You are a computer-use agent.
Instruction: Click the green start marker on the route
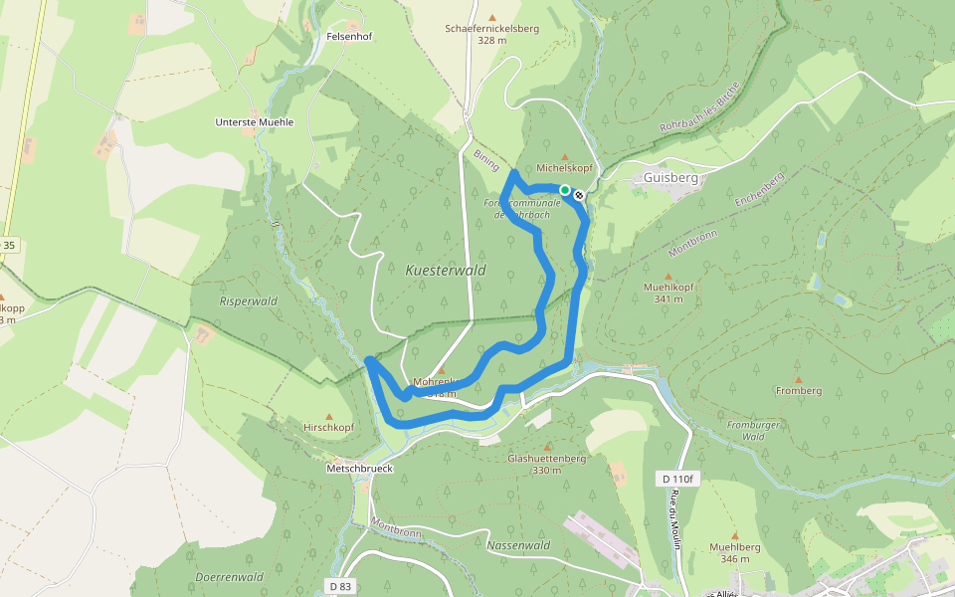tap(564, 189)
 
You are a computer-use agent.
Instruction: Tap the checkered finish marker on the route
tap(578, 195)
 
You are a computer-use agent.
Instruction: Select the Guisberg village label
tap(671, 177)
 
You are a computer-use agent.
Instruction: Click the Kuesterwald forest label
tap(445, 270)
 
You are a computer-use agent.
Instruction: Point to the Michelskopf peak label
tap(564, 169)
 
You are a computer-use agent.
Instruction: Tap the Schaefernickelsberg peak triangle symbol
tap(491, 17)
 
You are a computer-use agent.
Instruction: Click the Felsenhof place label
tap(348, 36)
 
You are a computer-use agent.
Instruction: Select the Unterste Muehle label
tap(255, 122)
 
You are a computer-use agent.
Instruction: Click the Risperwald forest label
tap(248, 300)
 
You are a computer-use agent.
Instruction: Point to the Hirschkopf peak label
tap(328, 427)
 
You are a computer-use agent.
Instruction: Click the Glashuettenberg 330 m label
tap(546, 464)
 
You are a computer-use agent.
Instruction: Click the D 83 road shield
tap(340, 586)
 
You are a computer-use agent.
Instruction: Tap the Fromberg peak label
tap(798, 391)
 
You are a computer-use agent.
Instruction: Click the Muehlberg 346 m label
tap(735, 552)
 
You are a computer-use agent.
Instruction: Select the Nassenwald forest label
tap(518, 545)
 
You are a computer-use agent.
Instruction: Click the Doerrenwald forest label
tap(229, 576)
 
